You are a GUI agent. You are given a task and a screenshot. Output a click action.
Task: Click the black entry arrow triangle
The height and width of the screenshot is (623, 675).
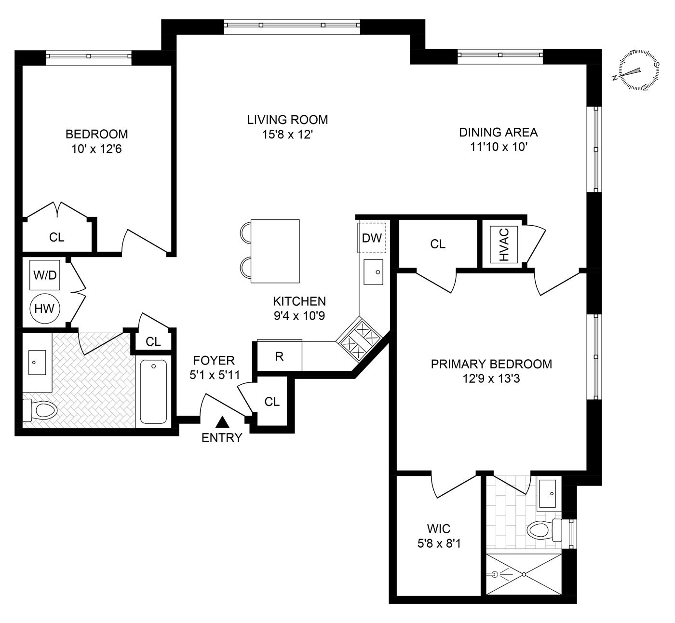[x=222, y=423]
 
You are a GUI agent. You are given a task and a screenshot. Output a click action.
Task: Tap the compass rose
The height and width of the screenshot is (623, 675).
[x=639, y=70]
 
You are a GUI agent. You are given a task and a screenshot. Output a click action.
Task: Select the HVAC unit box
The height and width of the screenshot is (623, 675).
[x=504, y=244]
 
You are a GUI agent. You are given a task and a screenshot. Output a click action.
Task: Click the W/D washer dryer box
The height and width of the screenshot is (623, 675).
[x=45, y=275]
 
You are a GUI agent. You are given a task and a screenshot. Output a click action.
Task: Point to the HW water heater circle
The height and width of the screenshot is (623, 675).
[x=45, y=308]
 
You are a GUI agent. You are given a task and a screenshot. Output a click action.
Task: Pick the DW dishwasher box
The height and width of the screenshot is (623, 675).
[x=372, y=238]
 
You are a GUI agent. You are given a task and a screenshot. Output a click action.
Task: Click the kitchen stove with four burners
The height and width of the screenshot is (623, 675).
[x=359, y=340]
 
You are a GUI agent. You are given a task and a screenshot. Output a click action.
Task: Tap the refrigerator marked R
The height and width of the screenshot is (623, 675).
[x=279, y=356]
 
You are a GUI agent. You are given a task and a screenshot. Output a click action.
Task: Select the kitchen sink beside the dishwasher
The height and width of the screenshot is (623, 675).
[x=373, y=272]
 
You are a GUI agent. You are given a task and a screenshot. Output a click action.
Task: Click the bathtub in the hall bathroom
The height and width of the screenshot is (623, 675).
[x=153, y=392]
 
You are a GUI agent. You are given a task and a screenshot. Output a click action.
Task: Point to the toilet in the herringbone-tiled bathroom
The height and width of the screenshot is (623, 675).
[x=40, y=410]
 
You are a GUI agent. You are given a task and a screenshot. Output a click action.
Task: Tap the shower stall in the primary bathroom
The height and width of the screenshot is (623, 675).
[x=524, y=574]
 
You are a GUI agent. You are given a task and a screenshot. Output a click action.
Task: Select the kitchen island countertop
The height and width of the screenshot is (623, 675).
[x=275, y=251]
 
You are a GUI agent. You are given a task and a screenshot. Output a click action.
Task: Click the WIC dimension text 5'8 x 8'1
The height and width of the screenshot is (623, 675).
[x=439, y=544]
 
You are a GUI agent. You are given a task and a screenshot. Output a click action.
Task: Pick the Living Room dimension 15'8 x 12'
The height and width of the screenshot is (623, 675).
[x=287, y=135]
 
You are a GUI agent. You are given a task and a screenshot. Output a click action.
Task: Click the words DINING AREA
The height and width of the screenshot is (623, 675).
[x=498, y=132]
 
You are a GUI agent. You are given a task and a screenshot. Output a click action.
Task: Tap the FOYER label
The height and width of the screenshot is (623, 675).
[x=214, y=360]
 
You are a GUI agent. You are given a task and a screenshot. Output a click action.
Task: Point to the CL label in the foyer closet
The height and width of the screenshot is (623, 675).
[x=272, y=402]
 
